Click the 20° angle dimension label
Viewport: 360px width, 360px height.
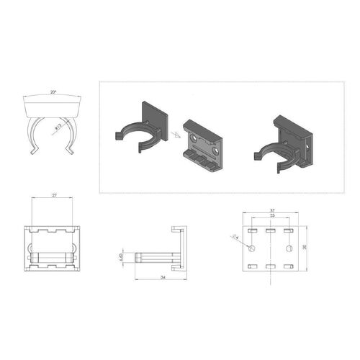coord(53,93)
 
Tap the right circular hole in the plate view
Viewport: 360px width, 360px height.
coord(289,248)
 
